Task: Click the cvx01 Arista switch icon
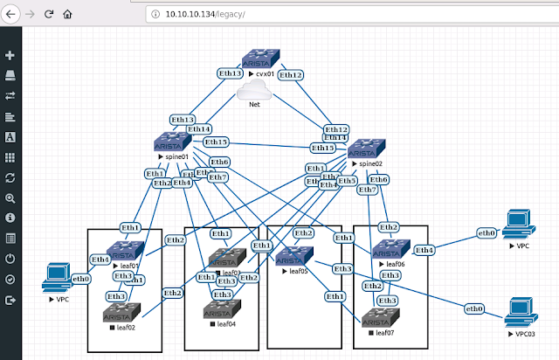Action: pos(259,61)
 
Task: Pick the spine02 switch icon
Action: pos(365,149)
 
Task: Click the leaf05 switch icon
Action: pos(288,257)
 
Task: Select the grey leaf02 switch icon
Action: pos(116,313)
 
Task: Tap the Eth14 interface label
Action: pos(200,130)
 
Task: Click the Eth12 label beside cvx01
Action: pos(292,75)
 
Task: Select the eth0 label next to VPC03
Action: pos(475,308)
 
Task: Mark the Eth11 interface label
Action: pos(336,138)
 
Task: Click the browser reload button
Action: pos(49,15)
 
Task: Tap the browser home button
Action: pos(67,15)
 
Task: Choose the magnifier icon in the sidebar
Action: pos(10,198)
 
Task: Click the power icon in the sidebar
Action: pos(10,259)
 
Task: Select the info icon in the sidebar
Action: pos(10,217)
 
